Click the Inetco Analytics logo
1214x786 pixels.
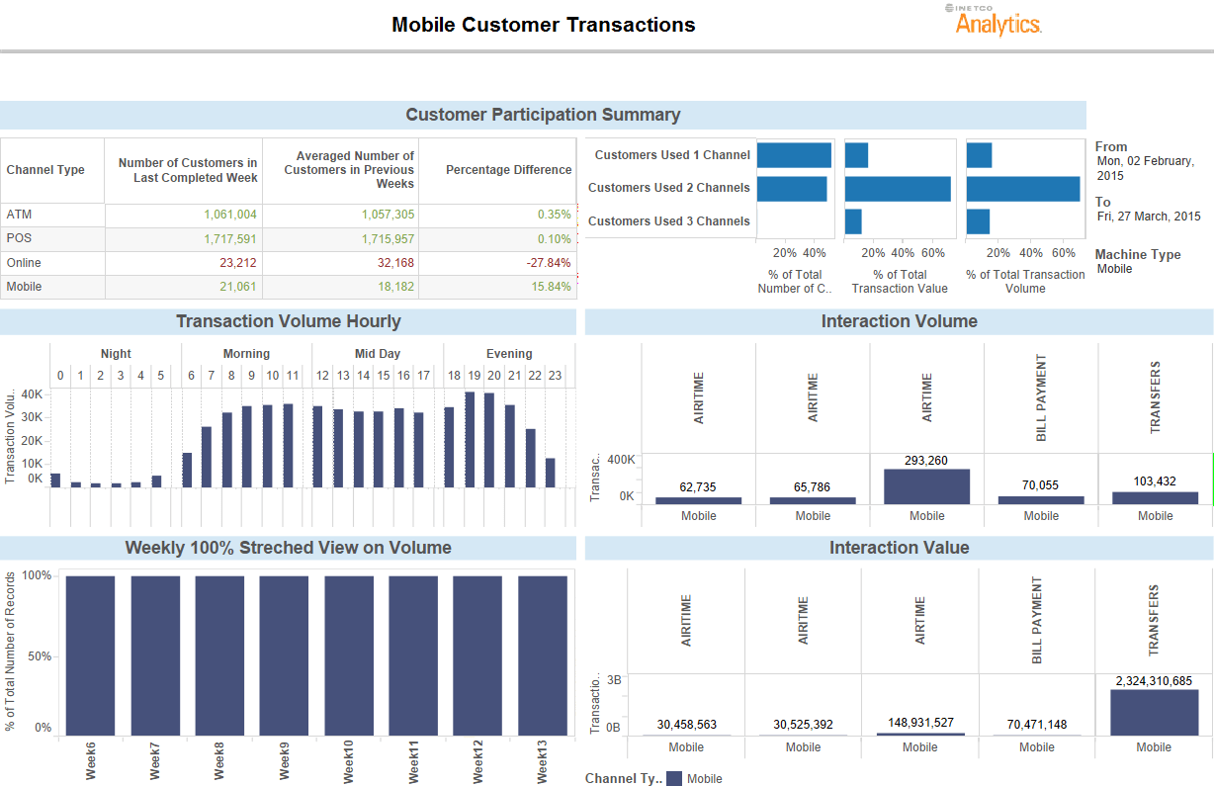click(x=997, y=21)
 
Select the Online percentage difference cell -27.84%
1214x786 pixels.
click(x=551, y=263)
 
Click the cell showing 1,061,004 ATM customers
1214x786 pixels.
click(x=230, y=215)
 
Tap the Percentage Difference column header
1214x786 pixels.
click(x=508, y=170)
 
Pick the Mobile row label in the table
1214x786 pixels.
click(x=24, y=287)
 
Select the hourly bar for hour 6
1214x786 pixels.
click(x=187, y=470)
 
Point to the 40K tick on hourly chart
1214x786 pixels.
click(x=32, y=393)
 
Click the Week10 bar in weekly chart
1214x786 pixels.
click(x=348, y=655)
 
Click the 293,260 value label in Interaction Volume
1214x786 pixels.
click(x=926, y=461)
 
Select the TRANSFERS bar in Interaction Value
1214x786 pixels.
click(x=1154, y=712)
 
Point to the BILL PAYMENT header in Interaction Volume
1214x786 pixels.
click(x=1041, y=397)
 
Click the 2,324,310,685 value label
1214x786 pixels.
click(x=1154, y=681)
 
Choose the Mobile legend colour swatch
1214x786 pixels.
click(x=674, y=779)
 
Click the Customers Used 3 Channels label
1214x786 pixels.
click(x=668, y=221)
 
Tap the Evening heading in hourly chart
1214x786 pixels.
click(x=509, y=354)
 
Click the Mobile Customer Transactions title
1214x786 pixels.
click(x=543, y=25)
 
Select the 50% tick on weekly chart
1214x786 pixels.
click(x=37, y=656)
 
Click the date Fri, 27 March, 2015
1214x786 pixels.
click(x=1148, y=217)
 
